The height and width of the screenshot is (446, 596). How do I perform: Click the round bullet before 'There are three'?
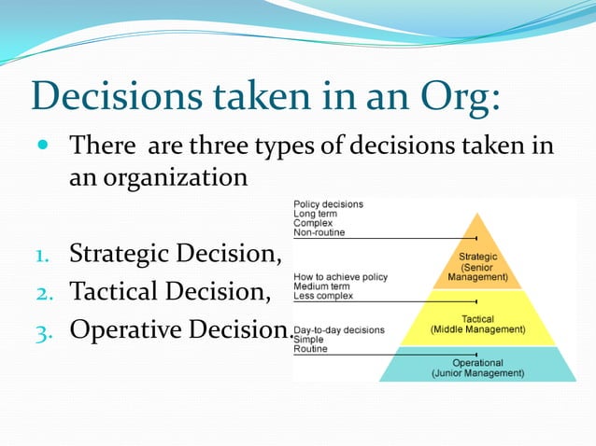43,147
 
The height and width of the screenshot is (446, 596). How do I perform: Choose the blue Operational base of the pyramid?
477,367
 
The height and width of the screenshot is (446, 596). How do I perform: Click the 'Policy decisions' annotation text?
329,204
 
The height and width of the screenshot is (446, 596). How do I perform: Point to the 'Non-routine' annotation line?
319,232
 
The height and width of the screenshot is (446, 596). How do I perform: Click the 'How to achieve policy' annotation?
340,277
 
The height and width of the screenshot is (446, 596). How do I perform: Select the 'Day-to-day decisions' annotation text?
338,330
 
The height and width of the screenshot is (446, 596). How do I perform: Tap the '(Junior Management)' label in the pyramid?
477,373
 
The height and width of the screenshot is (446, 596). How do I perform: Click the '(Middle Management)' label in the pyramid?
477,329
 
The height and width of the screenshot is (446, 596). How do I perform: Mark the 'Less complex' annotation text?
323,296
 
